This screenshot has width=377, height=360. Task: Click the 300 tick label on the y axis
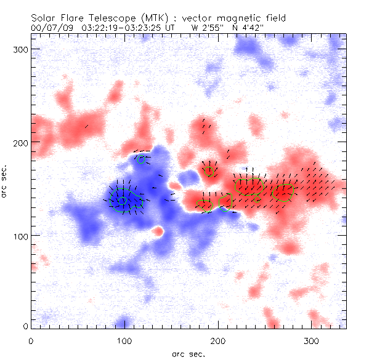point(21,49)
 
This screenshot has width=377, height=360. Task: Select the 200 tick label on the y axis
point(21,142)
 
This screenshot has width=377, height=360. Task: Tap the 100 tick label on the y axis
point(21,236)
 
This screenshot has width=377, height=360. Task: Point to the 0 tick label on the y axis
point(25,326)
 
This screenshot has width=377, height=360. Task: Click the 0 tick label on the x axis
point(31,340)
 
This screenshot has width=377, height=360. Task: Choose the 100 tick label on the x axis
point(124,340)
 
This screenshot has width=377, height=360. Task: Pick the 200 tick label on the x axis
point(218,340)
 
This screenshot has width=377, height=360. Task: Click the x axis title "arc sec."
point(188,353)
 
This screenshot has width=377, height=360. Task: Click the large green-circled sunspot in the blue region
point(122,200)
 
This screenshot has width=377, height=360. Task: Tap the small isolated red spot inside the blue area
point(158,231)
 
